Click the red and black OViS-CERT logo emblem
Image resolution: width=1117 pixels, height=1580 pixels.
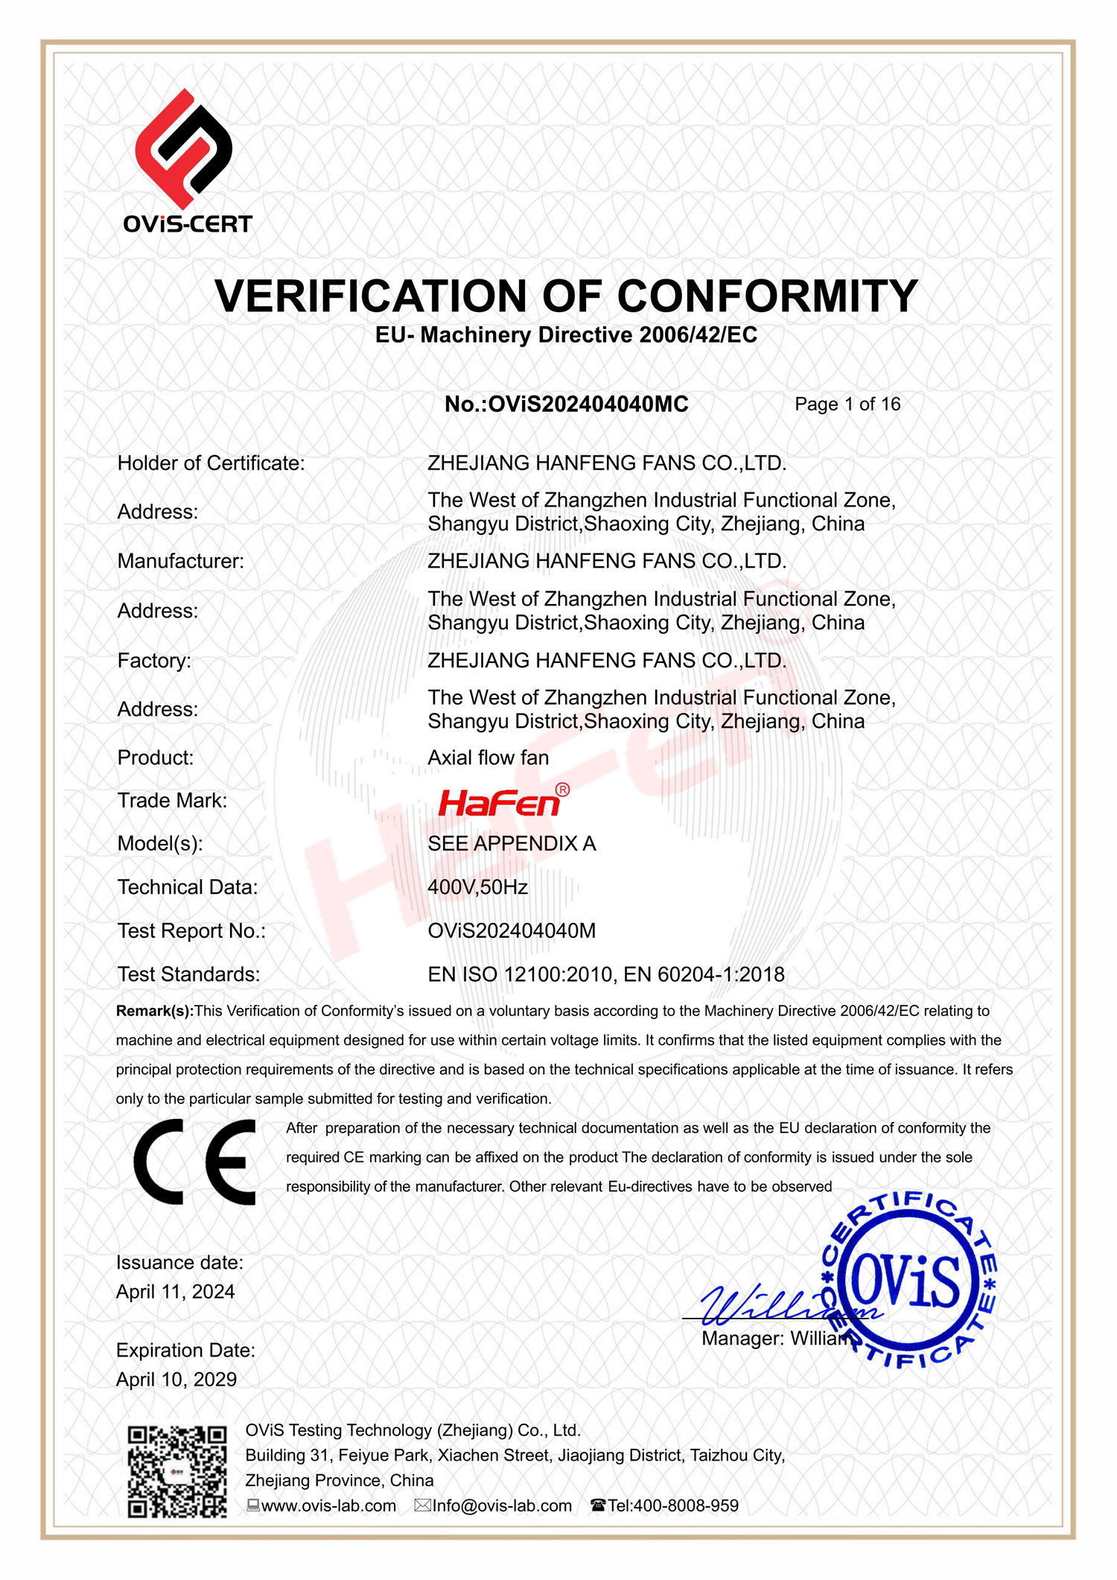click(x=183, y=148)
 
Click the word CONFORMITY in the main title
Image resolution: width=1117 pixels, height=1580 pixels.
click(x=767, y=296)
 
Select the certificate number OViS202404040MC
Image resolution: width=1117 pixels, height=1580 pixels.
click(x=588, y=404)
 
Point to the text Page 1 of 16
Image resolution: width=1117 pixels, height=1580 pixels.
click(x=847, y=404)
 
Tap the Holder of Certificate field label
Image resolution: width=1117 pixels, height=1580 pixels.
click(x=211, y=463)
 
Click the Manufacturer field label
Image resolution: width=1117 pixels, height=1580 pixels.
click(x=181, y=561)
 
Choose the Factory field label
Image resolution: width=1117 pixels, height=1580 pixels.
click(x=154, y=661)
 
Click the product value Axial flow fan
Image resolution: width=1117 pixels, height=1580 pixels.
click(x=488, y=758)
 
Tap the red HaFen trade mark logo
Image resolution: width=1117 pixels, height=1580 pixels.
click(x=500, y=802)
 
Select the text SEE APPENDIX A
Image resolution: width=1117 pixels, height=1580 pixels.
click(x=512, y=843)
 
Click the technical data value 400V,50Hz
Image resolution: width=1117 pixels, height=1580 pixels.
click(x=477, y=887)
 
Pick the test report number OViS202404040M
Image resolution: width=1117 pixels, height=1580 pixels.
click(x=512, y=930)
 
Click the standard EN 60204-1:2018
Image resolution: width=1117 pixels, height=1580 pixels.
click(x=704, y=974)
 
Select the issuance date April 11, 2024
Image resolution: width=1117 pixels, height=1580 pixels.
click(x=176, y=1292)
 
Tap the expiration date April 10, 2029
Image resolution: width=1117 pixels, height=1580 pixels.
click(x=176, y=1380)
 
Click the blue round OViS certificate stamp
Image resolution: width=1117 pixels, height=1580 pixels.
click(x=910, y=1280)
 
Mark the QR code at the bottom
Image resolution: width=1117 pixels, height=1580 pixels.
click(x=177, y=1472)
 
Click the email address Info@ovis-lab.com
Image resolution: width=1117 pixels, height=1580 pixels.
click(x=502, y=1506)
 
